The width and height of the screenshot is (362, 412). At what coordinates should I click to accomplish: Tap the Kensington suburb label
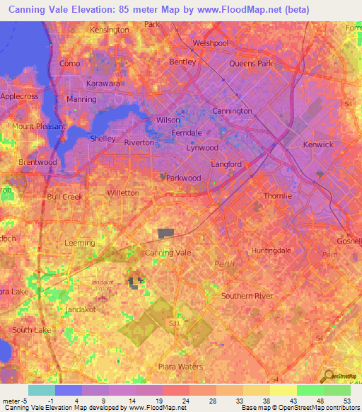(110, 30)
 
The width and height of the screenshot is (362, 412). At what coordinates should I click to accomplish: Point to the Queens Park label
(251, 63)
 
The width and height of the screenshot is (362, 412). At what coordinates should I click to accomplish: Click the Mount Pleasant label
(38, 127)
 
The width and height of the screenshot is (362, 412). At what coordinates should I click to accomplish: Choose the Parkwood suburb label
(183, 178)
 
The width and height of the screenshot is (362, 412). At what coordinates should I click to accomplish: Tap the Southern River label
(247, 296)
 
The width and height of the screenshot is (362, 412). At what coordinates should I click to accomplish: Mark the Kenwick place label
(317, 145)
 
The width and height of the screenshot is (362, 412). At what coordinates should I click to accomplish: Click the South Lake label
(32, 330)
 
